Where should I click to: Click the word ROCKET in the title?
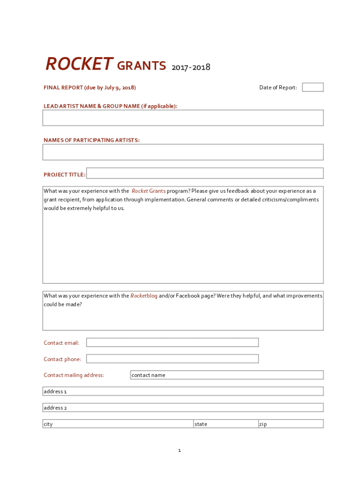pos(79,64)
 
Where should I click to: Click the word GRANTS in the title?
pos(141,66)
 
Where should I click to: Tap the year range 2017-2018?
pos(191,67)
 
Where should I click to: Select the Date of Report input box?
pos(312,87)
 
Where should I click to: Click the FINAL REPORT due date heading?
pos(90,87)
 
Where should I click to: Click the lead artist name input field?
pos(183,118)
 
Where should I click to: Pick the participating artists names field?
pos(183,152)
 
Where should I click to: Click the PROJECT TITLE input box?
pos(205,174)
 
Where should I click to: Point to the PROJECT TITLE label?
pos(64,175)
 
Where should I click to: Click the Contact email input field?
pos(172,343)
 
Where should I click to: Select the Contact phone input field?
pos(172,359)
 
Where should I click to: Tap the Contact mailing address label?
pos(74,375)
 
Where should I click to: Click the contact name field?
pos(226,375)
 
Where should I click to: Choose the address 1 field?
pos(183,392)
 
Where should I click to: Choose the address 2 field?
pos(183,408)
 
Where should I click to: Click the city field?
pos(118,424)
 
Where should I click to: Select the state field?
pos(226,424)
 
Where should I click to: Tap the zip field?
pos(290,424)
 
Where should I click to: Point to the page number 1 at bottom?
pos(179,450)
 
